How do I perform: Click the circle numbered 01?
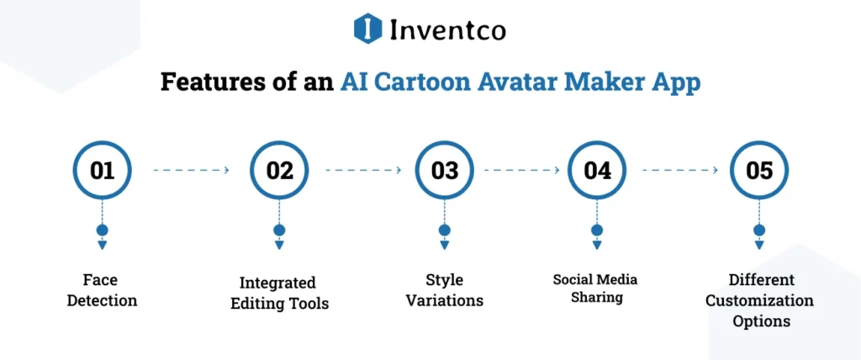pyautogui.click(x=102, y=171)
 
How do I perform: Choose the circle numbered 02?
pyautogui.click(x=279, y=171)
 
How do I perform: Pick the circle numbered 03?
pyautogui.click(x=444, y=171)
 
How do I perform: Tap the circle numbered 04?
pyautogui.click(x=597, y=171)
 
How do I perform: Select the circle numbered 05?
pyautogui.click(x=758, y=171)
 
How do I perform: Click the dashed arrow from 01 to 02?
pyautogui.click(x=191, y=170)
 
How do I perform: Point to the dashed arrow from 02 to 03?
pyautogui.click(x=362, y=170)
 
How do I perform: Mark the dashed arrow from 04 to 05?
pyautogui.click(x=679, y=170)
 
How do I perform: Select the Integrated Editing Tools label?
pyautogui.click(x=278, y=293)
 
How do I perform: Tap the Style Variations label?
pyautogui.click(x=444, y=290)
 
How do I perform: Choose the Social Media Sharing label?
pyautogui.click(x=596, y=288)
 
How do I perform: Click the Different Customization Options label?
pyautogui.click(x=759, y=299)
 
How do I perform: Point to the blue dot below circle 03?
pyautogui.click(x=444, y=230)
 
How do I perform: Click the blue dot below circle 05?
pyautogui.click(x=759, y=230)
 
